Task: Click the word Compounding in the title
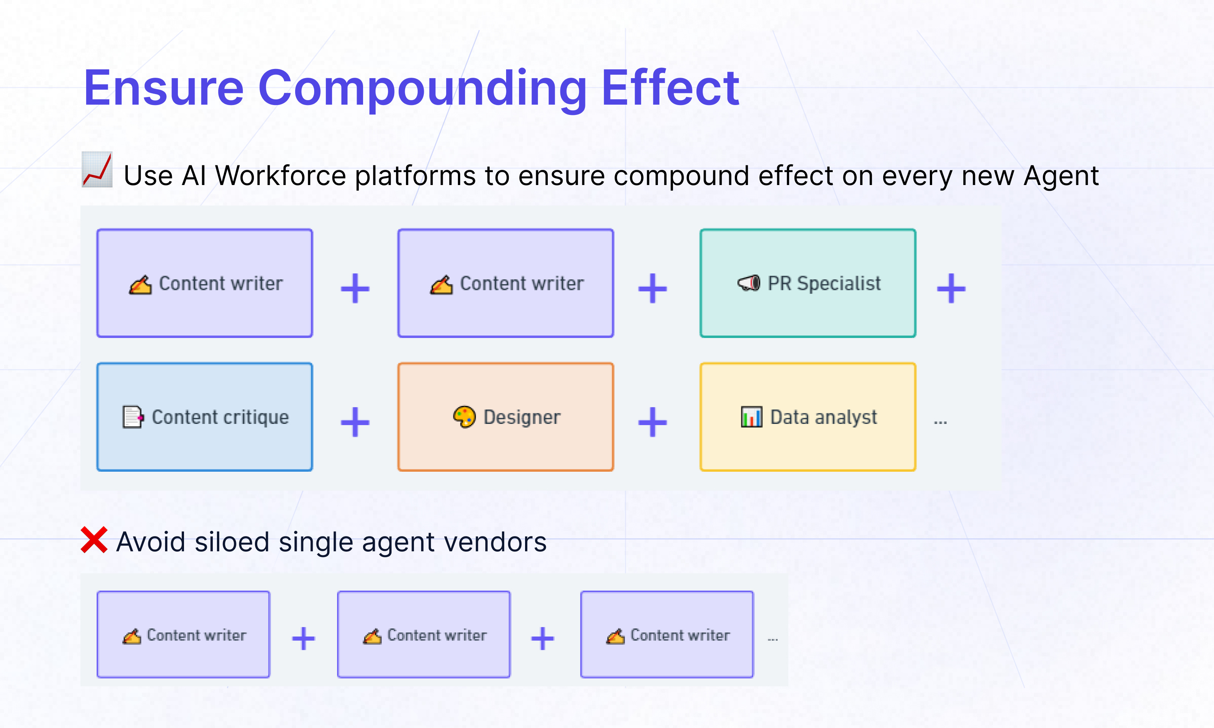pyautogui.click(x=422, y=88)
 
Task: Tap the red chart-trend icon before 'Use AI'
pyautogui.click(x=97, y=170)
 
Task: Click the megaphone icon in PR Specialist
pyautogui.click(x=749, y=283)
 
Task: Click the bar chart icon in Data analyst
pyautogui.click(x=751, y=417)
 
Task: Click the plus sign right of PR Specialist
pyautogui.click(x=951, y=289)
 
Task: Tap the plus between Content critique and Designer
pyautogui.click(x=355, y=422)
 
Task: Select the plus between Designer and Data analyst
pyautogui.click(x=652, y=422)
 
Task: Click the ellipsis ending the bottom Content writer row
pyautogui.click(x=773, y=639)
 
